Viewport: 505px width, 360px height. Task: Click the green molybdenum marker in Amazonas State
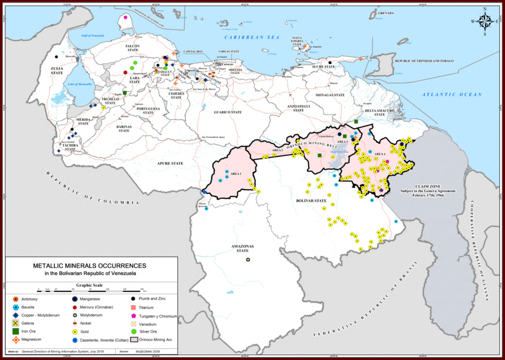(247, 260)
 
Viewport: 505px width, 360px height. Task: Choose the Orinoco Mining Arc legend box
(134, 340)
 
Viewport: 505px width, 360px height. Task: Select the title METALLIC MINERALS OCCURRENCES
(89, 265)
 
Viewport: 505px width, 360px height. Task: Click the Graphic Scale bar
(91, 289)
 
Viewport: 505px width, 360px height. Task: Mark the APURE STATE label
(170, 164)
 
